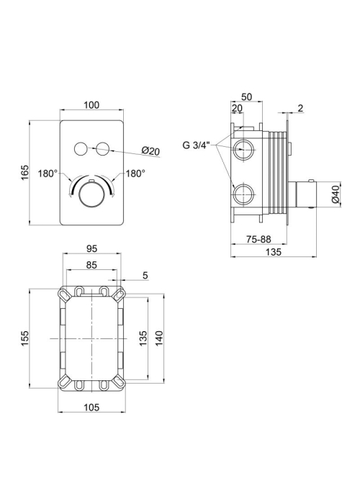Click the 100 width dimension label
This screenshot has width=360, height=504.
tap(91, 105)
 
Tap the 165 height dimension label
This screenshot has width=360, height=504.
tap(25, 173)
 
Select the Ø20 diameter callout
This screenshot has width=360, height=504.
tap(150, 150)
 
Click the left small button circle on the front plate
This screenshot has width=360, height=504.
tap(80, 148)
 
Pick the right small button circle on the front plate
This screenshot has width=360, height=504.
tap(104, 148)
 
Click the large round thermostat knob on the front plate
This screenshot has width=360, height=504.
tap(92, 195)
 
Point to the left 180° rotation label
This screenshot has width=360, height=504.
tap(48, 174)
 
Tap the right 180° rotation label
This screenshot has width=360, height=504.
tap(135, 174)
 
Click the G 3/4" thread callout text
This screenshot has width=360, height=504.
tap(196, 145)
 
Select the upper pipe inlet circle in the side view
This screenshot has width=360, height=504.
tap(243, 150)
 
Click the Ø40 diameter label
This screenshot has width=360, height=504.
tap(336, 194)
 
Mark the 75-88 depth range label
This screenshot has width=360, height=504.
tap(258, 239)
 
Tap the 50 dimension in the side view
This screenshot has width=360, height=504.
tap(246, 96)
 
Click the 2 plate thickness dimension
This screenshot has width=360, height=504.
tap(300, 108)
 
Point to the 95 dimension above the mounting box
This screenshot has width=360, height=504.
tap(91, 248)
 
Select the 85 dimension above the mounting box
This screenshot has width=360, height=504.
tap(91, 265)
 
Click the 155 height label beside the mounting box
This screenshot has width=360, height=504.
tap(25, 338)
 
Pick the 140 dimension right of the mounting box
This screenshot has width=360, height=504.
tap(160, 338)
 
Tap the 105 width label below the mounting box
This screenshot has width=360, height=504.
tap(91, 408)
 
